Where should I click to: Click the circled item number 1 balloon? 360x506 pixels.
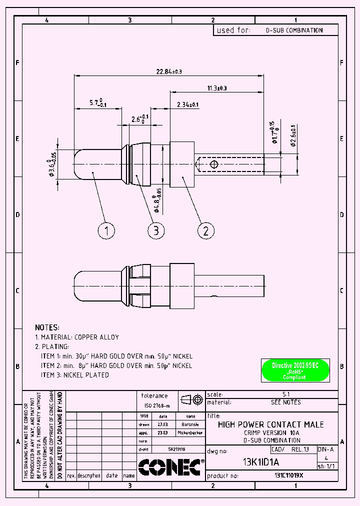coord(106,230)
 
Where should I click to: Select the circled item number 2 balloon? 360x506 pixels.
coord(206,230)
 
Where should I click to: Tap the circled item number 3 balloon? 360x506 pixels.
coord(156,230)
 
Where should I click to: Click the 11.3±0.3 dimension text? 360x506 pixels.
coord(216,88)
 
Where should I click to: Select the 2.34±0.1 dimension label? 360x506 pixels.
coord(187,104)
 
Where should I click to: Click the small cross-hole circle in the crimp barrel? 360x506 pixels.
coord(214,164)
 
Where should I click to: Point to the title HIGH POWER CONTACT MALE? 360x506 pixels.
coord(271,424)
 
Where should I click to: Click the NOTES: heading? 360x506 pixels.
coord(47,327)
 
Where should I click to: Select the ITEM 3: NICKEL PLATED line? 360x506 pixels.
coord(75,375)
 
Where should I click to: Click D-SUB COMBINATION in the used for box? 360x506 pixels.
coord(294,30)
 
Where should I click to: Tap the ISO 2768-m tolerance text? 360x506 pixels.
coord(157,405)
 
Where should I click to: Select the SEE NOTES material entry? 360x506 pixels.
coord(285,402)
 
